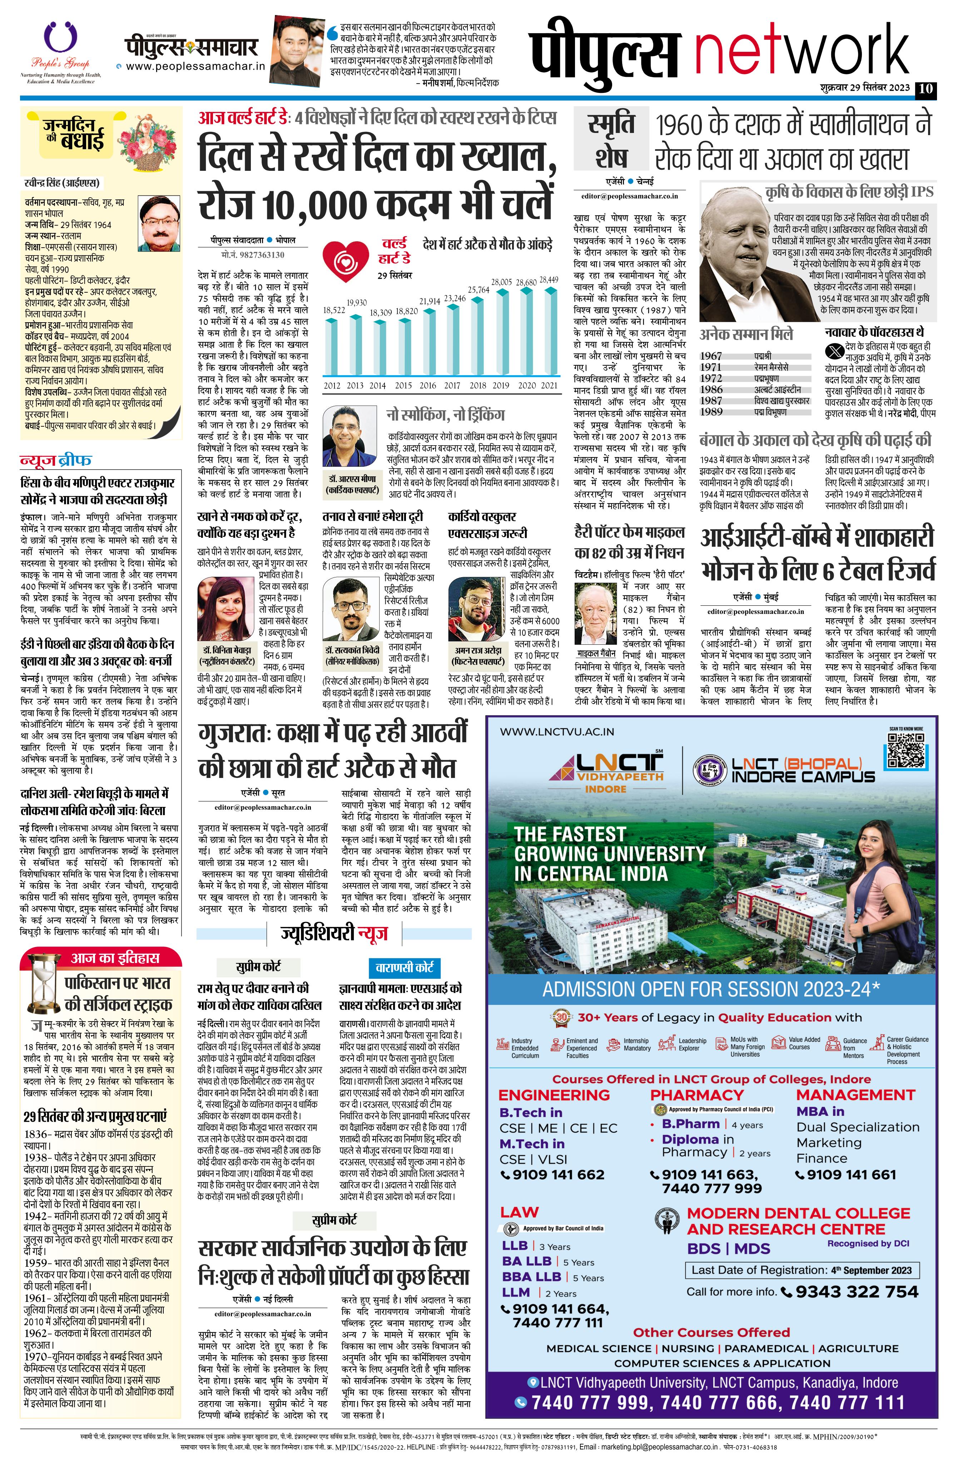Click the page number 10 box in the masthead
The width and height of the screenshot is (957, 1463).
click(x=925, y=89)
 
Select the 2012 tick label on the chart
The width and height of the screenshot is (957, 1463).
click(x=332, y=386)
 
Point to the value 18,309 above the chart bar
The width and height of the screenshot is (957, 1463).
click(x=381, y=313)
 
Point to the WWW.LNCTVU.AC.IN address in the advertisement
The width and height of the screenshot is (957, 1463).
click(x=557, y=731)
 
